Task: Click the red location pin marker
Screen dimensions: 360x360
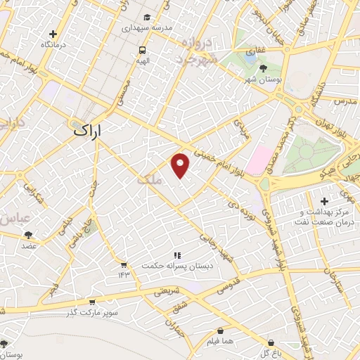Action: tap(181, 165)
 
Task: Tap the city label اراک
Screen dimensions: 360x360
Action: tap(87, 131)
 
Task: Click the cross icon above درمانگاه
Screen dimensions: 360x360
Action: tap(53, 33)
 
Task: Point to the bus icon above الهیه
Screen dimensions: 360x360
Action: tap(143, 50)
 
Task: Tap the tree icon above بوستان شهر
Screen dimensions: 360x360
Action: tap(263, 68)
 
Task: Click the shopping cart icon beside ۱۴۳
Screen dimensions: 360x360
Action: tap(124, 265)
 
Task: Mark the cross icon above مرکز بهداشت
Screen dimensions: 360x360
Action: tap(324, 202)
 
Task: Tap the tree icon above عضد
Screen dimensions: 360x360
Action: tap(28, 235)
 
